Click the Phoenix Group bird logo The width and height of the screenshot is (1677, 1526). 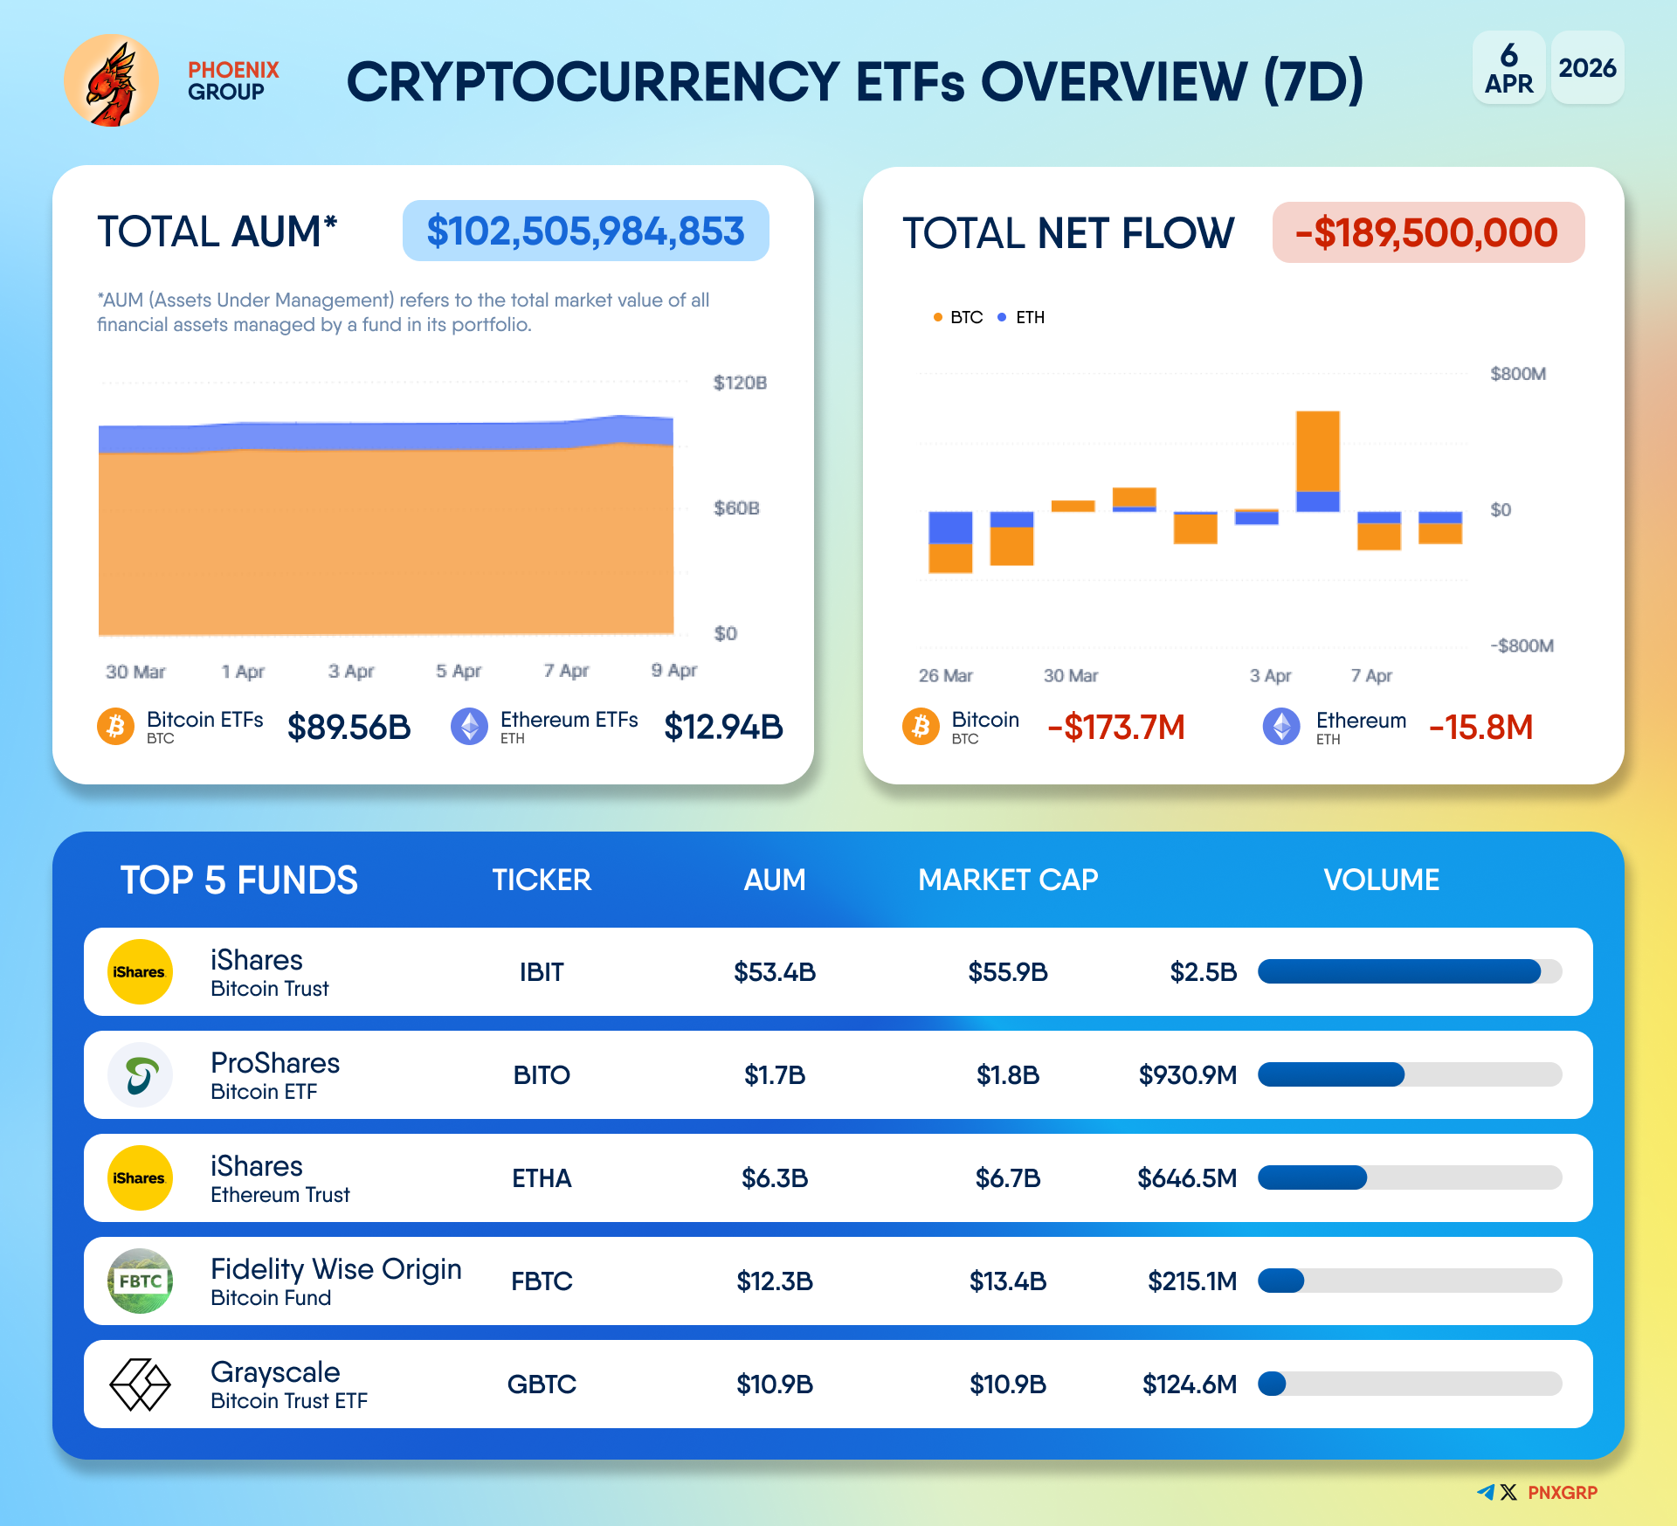tap(111, 81)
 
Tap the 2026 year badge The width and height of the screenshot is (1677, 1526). tap(1587, 68)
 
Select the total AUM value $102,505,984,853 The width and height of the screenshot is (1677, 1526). tap(585, 231)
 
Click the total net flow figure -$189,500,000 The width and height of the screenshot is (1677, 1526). tap(1427, 233)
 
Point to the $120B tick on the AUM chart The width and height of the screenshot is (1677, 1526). tap(739, 383)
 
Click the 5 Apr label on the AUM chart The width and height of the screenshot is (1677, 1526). tap(459, 671)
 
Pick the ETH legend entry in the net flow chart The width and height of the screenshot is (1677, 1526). tap(1022, 317)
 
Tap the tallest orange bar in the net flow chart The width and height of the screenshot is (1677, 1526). tap(1317, 452)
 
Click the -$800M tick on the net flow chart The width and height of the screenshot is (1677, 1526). tap(1522, 646)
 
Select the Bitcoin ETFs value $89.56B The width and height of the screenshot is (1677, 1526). tap(349, 727)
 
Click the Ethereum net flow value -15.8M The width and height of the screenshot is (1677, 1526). tap(1480, 727)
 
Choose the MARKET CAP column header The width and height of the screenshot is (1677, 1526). tap(1008, 880)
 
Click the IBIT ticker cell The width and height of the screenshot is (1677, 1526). tap(542, 972)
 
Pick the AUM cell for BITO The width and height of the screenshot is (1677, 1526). tap(775, 1075)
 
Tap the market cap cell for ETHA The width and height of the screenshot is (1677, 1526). tap(1008, 1178)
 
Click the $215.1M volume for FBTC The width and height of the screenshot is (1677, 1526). tap(1192, 1281)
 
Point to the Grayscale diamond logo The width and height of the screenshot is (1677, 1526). tap(140, 1384)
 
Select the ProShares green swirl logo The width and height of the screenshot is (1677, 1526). tap(140, 1075)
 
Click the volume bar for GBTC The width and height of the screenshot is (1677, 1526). tap(1409, 1384)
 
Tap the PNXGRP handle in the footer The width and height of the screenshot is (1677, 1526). tap(1562, 1493)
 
